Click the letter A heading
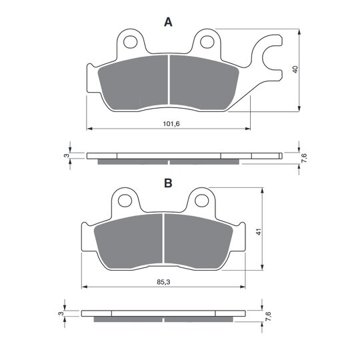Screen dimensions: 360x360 pyautogui.click(x=168, y=22)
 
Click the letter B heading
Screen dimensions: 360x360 pyautogui.click(x=168, y=183)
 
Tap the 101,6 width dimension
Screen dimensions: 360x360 pyautogui.click(x=171, y=124)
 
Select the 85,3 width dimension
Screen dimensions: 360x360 pyautogui.click(x=163, y=282)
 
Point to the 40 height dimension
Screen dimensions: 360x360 pyautogui.click(x=295, y=69)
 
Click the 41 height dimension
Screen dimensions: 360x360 pyautogui.click(x=259, y=232)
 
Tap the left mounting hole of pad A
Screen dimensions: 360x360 pyautogui.click(x=131, y=42)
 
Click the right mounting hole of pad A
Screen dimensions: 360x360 pyautogui.click(x=207, y=42)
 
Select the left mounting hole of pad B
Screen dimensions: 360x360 pyautogui.click(x=125, y=201)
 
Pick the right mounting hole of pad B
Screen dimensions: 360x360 pyautogui.click(x=201, y=201)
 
